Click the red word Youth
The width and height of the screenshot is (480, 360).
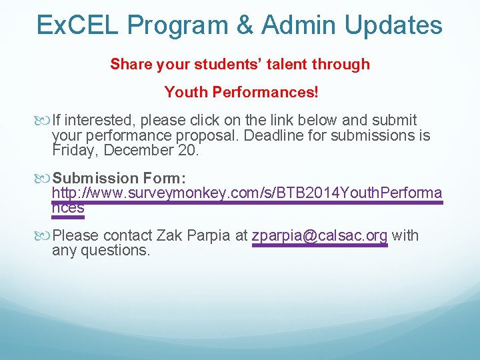coord(186,92)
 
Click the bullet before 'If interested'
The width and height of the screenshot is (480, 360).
coord(45,121)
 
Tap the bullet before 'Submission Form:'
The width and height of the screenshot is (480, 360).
coord(45,179)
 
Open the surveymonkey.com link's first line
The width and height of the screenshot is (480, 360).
coord(247,193)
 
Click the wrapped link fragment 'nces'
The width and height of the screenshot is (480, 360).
coord(68,208)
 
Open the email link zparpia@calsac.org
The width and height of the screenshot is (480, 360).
coord(320,236)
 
